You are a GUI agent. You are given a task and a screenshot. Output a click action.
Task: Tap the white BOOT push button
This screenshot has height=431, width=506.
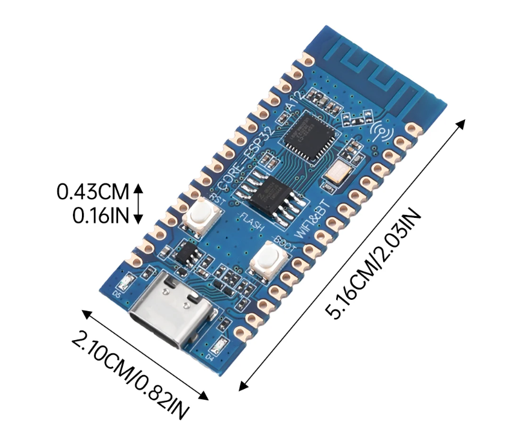267,258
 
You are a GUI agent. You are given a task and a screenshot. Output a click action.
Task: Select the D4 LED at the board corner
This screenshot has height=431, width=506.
219,347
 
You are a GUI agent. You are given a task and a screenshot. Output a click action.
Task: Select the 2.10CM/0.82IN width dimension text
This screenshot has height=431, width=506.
130,373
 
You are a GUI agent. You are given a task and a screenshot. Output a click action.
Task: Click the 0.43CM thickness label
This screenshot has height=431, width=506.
93,193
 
